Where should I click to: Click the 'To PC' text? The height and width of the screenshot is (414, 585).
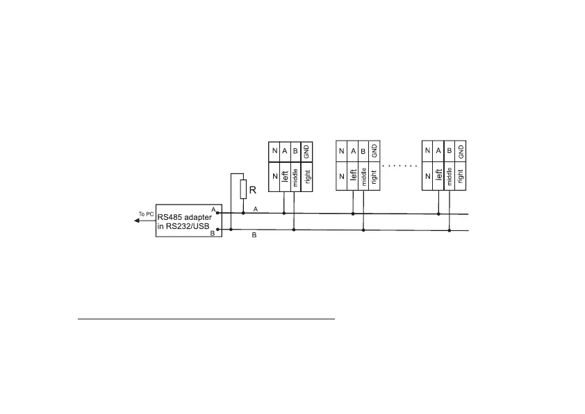(146, 213)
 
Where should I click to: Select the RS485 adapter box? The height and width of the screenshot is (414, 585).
(188, 221)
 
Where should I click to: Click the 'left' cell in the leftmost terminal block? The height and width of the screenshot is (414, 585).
(285, 177)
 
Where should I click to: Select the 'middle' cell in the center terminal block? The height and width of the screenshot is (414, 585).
(363, 177)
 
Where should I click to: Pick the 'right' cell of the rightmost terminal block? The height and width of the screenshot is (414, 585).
(460, 177)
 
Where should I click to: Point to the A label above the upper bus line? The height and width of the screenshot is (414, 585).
(256, 209)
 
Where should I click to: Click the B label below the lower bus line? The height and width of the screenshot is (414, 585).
(254, 236)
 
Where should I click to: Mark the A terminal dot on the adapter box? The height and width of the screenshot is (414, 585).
(218, 214)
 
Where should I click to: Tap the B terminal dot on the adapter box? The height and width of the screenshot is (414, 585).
(218, 230)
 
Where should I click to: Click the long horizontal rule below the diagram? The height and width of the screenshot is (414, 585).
(206, 319)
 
